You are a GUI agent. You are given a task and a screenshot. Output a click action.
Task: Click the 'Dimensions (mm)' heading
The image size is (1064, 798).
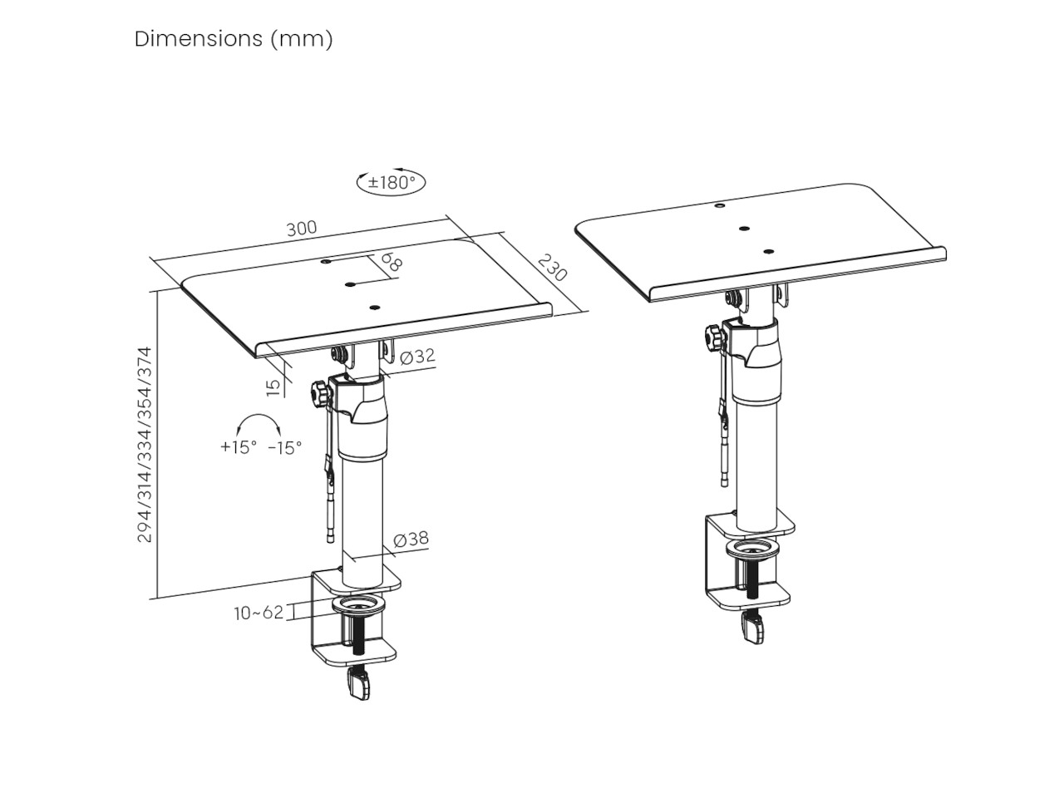click(x=234, y=39)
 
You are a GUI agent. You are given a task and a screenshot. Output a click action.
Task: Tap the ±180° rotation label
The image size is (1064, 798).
click(x=392, y=182)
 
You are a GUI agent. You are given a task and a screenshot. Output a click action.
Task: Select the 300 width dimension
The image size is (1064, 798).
click(x=302, y=229)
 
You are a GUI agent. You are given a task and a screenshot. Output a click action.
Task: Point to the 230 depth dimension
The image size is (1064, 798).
click(x=551, y=268)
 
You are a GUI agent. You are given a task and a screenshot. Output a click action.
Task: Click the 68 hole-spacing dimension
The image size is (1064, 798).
click(x=391, y=264)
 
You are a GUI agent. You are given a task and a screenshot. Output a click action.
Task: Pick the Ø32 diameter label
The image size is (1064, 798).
click(x=416, y=357)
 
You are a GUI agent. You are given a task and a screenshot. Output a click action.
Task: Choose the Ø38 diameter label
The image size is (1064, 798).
click(x=411, y=539)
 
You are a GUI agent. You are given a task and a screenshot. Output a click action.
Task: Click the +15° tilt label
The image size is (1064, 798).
click(x=238, y=447)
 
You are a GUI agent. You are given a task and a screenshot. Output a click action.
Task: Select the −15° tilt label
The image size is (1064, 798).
click(x=284, y=447)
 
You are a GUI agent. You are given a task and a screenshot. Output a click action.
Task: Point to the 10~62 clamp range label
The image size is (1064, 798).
click(x=259, y=613)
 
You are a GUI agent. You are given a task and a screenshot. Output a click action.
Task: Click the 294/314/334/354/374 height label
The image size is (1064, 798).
click(x=145, y=445)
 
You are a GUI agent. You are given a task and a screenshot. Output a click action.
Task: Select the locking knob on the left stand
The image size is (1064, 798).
click(x=319, y=392)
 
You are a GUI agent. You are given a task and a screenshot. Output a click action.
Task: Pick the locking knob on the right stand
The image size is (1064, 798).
click(x=712, y=338)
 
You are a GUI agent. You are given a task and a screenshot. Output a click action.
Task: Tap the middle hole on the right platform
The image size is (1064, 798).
click(x=744, y=228)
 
